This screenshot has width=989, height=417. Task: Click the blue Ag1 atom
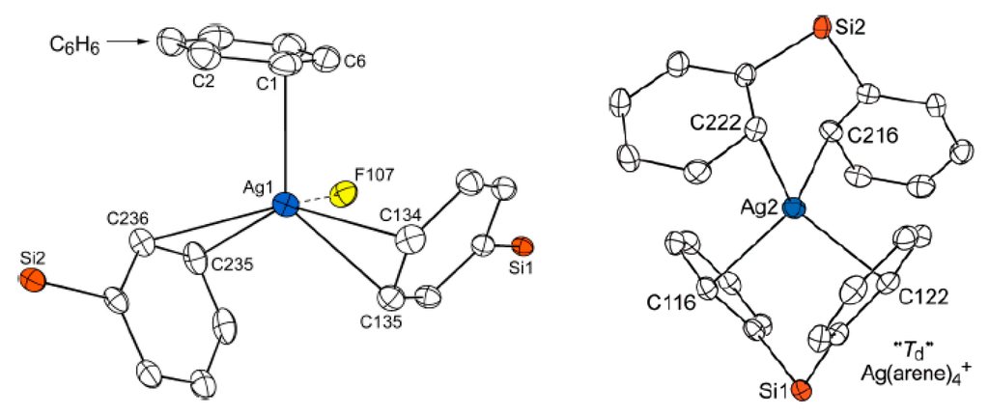click(x=285, y=205)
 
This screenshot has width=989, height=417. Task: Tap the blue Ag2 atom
click(x=794, y=208)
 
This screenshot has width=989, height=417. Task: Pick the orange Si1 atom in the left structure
click(x=521, y=244)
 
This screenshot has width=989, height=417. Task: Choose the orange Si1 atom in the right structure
click(x=800, y=391)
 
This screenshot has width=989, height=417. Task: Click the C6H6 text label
click(x=71, y=42)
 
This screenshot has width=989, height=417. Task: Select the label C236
click(x=128, y=219)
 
